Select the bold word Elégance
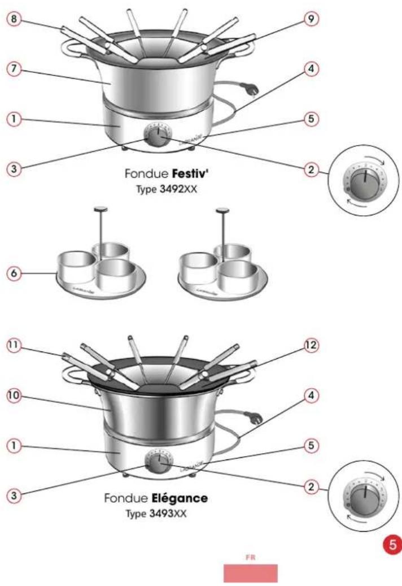tap(180, 499)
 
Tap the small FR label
tap(250, 557)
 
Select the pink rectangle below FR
tap(250, 572)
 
